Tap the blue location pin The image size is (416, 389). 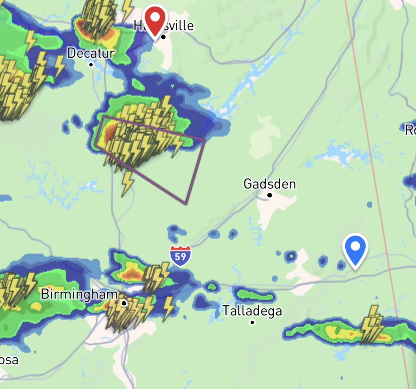pos(355,248)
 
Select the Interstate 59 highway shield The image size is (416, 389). pos(180,255)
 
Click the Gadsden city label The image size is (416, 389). pos(269,184)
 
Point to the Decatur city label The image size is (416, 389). pos(91,53)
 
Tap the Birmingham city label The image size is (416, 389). pos(79,294)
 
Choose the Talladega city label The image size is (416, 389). pos(252,311)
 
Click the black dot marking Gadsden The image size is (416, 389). pos(269,195)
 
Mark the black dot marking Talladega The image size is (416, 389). pos(252,322)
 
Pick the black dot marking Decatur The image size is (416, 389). pos(91,65)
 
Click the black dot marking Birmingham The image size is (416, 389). pos(124,303)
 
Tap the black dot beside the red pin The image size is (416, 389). pos(163,37)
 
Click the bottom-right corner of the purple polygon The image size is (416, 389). pos(186,204)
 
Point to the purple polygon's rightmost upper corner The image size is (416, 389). pos(205,140)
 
